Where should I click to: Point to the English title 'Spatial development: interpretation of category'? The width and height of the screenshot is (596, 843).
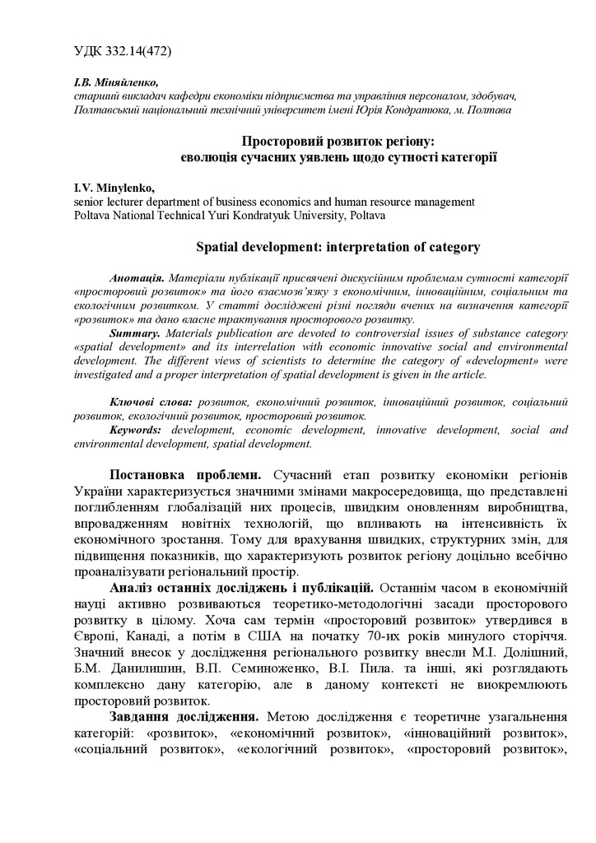[338, 246]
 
